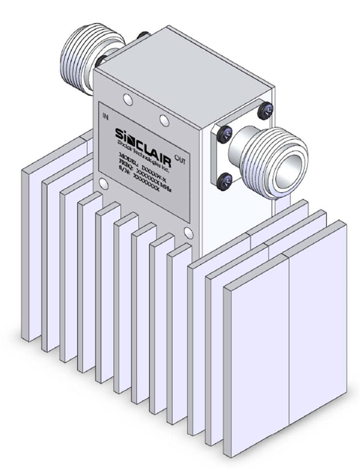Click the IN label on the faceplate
(x=105, y=115)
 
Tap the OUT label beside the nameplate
(x=180, y=159)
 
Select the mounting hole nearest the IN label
(x=127, y=100)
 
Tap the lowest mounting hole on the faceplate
(x=189, y=233)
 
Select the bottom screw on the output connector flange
(x=225, y=182)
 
